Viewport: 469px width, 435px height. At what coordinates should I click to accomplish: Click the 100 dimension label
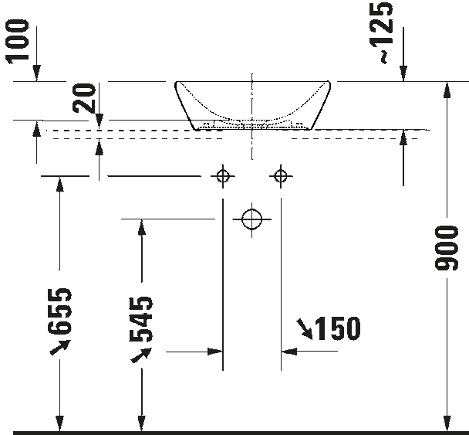pyautogui.click(x=18, y=42)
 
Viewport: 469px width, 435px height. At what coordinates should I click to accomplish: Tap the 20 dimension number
pyautogui.click(x=84, y=98)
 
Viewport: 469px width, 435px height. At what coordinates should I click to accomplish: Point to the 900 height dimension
pyautogui.click(x=447, y=248)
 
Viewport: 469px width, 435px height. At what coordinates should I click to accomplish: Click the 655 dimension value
pyautogui.click(x=60, y=311)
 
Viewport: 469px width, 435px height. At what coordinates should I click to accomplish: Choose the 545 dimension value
pyautogui.click(x=141, y=319)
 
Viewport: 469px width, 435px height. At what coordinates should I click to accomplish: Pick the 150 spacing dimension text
pyautogui.click(x=338, y=328)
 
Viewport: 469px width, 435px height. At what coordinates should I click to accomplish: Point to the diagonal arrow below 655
pyautogui.click(x=60, y=347)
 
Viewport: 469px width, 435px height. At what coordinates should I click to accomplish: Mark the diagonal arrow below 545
pyautogui.click(x=141, y=355)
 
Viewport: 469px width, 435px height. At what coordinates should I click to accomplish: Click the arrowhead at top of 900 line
pyautogui.click(x=447, y=90)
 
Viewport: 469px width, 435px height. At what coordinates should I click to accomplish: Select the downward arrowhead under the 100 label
pyautogui.click(x=36, y=73)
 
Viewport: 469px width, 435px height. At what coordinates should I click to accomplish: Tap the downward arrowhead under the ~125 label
pyautogui.click(x=403, y=73)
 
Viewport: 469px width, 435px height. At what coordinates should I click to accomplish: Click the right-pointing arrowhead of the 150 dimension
pyautogui.click(x=215, y=352)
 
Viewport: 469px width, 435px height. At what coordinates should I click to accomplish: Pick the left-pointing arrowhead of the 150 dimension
pyautogui.click(x=289, y=351)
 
